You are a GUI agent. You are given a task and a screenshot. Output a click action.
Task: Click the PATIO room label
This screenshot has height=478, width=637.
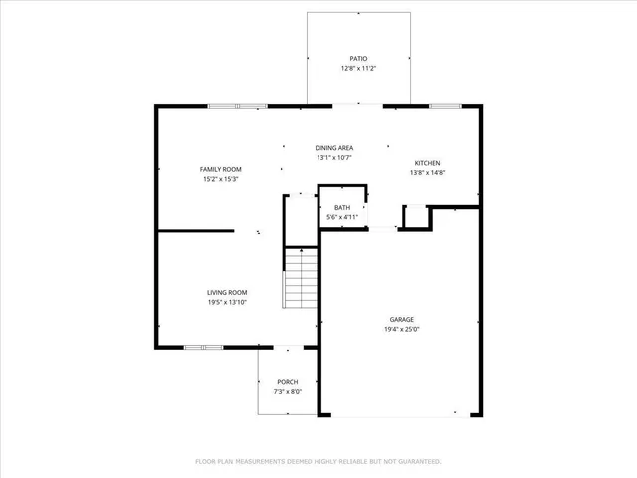358,59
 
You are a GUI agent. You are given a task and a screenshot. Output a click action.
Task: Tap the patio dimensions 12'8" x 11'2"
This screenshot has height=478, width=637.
358,69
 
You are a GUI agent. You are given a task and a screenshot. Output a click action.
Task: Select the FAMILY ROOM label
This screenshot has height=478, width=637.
221,169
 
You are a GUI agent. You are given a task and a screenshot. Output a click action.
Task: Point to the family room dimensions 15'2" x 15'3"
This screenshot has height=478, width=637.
221,179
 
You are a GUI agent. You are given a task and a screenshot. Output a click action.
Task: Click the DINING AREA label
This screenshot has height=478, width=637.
334,147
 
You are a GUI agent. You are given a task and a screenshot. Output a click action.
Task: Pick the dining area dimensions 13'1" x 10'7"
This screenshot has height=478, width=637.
334,157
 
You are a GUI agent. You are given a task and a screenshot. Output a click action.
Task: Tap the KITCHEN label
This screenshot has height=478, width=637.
428,163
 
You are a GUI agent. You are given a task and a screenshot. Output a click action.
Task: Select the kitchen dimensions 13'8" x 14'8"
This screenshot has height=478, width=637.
428,173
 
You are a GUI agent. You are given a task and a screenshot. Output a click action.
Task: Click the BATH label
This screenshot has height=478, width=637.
341,207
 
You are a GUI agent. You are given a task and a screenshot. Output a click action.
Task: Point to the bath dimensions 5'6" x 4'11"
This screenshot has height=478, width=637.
341,217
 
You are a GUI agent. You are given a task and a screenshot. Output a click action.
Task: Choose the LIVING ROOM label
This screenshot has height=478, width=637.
227,292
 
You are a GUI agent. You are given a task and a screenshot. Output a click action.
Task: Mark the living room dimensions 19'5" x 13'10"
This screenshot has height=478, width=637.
227,302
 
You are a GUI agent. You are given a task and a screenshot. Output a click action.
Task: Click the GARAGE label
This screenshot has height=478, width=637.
402,320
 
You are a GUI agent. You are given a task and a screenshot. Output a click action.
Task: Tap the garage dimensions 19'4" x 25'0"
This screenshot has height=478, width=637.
402,330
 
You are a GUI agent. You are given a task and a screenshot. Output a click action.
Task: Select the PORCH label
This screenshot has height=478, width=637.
288,382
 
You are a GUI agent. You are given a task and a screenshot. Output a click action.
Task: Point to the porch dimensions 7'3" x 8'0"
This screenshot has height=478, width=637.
288,392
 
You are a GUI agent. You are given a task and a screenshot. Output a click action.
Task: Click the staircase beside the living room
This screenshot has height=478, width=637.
301,278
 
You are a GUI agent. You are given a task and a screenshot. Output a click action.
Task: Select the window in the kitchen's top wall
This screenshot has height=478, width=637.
443,105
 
